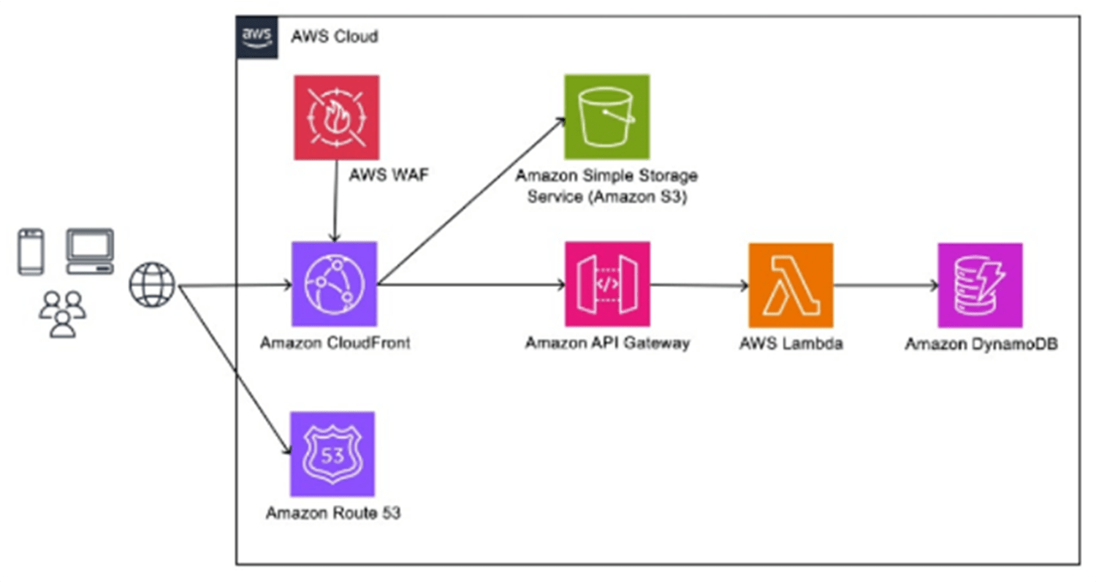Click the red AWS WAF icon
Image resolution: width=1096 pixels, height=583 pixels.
tap(336, 117)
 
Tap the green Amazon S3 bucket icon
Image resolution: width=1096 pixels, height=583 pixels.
tap(606, 116)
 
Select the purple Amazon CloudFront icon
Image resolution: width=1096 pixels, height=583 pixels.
tap(334, 284)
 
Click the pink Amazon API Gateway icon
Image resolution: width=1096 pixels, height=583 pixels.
tap(607, 285)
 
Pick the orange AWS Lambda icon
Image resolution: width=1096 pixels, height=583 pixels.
tap(791, 285)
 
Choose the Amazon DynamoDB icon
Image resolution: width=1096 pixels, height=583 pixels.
tap(980, 285)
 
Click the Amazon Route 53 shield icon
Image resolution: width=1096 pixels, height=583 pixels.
tap(332, 454)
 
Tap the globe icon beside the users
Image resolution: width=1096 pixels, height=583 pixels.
tap(153, 285)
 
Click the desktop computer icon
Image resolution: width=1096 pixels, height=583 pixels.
tap(90, 251)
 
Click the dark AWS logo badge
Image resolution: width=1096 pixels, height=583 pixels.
tap(256, 37)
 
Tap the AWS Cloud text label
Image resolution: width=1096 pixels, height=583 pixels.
tap(335, 36)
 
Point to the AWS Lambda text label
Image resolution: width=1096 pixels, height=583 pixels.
tap(791, 343)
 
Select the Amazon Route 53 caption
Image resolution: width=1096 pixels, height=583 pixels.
tap(332, 513)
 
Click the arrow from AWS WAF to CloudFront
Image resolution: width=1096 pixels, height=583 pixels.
tap(335, 205)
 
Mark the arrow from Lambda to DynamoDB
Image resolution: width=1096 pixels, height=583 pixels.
tap(886, 286)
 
